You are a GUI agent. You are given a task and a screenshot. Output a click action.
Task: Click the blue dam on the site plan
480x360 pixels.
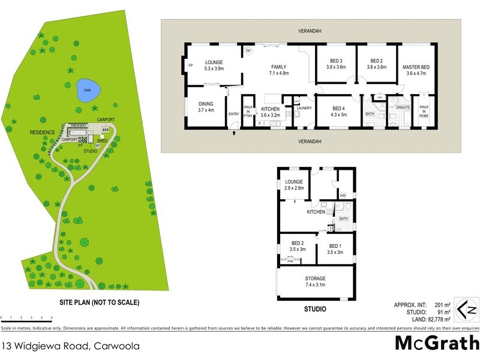pos(88,91)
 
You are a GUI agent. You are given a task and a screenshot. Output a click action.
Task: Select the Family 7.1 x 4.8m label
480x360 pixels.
pos(278,70)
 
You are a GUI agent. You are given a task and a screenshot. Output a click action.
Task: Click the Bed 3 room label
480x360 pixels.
pos(336,64)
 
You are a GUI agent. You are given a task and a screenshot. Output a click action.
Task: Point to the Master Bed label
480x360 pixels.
pos(416,70)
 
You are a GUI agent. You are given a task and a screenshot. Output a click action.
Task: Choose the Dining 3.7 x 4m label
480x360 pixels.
pos(206,107)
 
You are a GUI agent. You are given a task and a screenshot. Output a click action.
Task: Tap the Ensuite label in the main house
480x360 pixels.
pos(403,108)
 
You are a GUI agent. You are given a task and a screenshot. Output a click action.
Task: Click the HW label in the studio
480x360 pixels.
pos(343,196)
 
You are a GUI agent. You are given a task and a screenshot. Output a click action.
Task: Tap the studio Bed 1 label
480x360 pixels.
pos(336,249)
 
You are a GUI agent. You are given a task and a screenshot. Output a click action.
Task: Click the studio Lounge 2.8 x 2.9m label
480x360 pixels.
pos(295,185)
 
